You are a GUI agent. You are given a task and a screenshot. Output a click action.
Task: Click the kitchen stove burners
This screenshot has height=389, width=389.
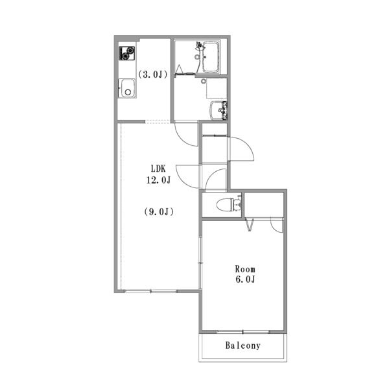127,53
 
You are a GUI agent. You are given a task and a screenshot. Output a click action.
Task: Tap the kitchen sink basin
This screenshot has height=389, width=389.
127,88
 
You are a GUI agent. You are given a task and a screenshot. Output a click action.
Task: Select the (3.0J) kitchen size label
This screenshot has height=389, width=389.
152,74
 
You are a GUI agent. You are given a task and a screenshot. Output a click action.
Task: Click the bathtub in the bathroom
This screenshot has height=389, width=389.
211,57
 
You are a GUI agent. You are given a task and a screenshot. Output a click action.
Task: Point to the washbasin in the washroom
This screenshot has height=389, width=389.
218,110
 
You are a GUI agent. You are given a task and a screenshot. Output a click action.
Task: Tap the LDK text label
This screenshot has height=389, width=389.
158,169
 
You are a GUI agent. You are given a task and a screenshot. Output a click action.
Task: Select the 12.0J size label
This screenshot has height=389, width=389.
158,180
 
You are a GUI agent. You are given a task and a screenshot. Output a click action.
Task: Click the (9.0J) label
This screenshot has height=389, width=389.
159,211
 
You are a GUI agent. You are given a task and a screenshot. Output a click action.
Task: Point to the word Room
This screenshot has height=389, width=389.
245,269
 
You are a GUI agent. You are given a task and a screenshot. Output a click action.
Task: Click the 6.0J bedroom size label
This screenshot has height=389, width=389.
245,279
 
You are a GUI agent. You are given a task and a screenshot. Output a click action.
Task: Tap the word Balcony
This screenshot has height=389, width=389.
243,346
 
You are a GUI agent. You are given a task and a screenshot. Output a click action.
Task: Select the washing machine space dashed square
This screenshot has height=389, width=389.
217,88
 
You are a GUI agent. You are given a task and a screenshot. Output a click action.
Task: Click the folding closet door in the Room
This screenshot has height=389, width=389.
250,225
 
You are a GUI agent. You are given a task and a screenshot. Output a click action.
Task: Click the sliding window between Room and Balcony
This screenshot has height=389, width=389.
243,332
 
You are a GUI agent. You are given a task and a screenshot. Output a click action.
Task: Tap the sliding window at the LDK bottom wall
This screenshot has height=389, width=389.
150,291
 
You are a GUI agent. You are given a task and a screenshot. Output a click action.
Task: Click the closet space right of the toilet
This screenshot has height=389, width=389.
264,205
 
